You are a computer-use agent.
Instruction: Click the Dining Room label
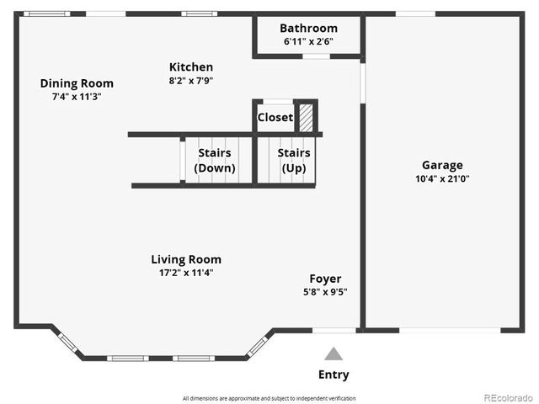[77, 83]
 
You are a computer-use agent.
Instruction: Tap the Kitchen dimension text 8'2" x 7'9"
[191, 81]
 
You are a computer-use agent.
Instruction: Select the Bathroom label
[308, 28]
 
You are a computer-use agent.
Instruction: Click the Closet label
[275, 117]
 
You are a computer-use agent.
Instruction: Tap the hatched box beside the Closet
[307, 117]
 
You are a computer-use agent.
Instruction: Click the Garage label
[442, 165]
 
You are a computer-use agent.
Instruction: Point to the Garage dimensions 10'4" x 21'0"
[442, 178]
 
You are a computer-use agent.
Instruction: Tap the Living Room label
[186, 259]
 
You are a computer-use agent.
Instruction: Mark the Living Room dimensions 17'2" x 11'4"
[186, 273]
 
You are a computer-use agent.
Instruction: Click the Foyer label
[325, 279]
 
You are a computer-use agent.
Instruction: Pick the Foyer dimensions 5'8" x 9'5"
[325, 292]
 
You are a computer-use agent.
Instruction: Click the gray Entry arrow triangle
[334, 354]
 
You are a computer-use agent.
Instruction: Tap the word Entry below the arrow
[334, 375]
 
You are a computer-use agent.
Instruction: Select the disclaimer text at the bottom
[269, 398]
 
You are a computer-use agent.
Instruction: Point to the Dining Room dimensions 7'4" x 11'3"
[77, 97]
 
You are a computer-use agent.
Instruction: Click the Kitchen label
[191, 67]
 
